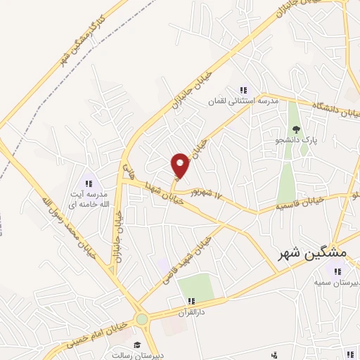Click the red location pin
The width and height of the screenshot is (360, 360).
tap(181, 165)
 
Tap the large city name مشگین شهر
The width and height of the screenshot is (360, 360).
tap(309, 253)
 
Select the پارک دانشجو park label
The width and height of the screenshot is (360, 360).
tap(296, 141)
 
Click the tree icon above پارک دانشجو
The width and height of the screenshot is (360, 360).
tap(296, 129)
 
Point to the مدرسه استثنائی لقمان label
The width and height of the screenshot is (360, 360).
tap(243, 101)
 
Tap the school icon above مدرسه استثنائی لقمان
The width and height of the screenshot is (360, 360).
tap(243, 90)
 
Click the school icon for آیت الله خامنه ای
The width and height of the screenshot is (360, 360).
tap(89, 184)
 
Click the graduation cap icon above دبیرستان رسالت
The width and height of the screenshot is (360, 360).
tap(138, 344)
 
